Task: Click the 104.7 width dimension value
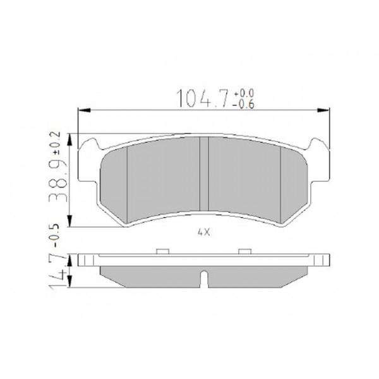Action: coord(203,99)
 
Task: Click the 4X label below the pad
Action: coord(203,232)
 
